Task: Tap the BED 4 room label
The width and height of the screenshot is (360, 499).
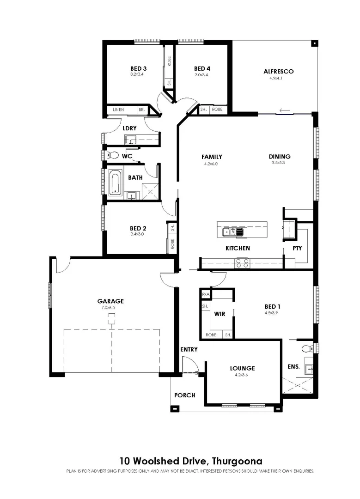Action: [202, 69]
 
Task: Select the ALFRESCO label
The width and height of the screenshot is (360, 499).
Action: [278, 72]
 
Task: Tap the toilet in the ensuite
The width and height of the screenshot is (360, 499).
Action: [305, 348]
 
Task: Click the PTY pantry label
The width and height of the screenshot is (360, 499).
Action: [297, 248]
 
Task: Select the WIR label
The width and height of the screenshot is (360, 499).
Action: [220, 314]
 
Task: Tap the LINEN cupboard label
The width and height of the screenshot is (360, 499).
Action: [118, 110]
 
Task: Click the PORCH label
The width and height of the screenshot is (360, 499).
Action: [184, 395]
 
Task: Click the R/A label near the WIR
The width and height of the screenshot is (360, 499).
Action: [205, 294]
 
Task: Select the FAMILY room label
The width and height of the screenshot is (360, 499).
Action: [212, 157]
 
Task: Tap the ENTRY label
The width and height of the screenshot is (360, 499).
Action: [189, 349]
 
